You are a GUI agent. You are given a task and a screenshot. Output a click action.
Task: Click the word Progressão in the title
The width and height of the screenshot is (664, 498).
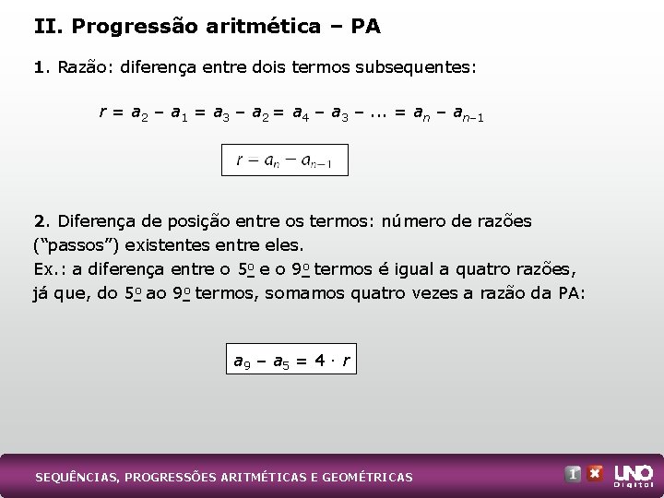coord(128,27)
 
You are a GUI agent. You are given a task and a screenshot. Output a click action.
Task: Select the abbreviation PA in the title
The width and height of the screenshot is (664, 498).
coord(365,27)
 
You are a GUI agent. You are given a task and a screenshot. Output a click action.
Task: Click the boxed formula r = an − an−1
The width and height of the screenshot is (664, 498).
coord(285,160)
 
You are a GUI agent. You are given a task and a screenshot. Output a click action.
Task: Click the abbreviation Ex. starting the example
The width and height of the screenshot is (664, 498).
coord(48,270)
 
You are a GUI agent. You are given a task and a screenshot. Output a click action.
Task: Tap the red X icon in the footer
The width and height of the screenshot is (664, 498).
coord(596,474)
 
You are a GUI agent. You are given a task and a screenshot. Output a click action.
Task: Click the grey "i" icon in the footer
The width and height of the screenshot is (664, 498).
coord(573,474)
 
